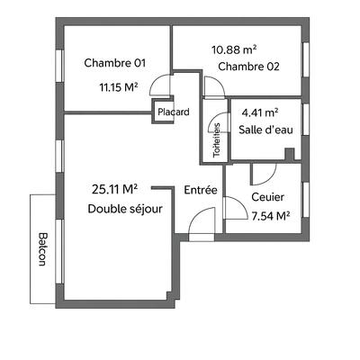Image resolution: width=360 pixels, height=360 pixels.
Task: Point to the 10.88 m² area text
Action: [x=234, y=49]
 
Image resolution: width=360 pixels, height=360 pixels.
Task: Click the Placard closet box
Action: [x=173, y=112]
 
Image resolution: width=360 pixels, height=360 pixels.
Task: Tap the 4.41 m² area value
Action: [x=260, y=112]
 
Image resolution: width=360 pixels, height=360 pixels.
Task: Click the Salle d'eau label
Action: [x=265, y=130]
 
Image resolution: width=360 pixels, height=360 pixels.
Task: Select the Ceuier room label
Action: [x=268, y=197]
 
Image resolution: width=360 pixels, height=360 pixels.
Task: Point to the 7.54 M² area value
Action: [x=271, y=216]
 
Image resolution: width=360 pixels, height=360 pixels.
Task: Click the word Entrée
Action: [x=200, y=190]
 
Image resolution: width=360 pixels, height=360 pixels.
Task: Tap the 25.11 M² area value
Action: [x=114, y=189]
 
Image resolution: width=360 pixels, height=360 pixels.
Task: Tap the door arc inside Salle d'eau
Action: [x=264, y=174]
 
